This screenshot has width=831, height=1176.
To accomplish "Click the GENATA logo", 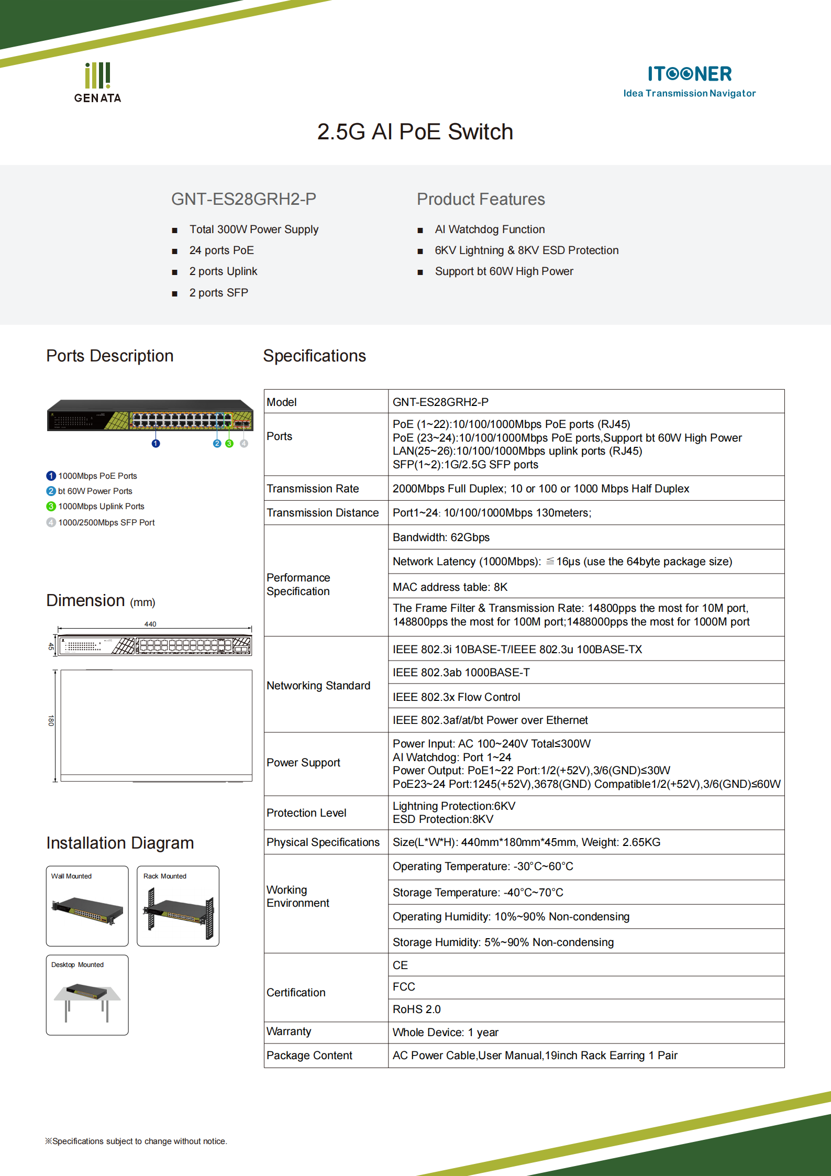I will [x=97, y=83].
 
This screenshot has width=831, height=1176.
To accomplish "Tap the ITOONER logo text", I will [x=689, y=74].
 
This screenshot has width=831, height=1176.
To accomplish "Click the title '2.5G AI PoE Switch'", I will [x=415, y=132].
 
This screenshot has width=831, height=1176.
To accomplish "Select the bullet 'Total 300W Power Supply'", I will [x=253, y=229].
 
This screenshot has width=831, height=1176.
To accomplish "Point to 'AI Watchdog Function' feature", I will [x=489, y=229].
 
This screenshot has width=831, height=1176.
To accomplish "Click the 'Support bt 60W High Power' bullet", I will [x=503, y=271].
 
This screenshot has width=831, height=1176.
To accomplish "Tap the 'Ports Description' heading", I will [x=109, y=356].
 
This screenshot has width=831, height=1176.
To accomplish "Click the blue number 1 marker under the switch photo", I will [x=156, y=444].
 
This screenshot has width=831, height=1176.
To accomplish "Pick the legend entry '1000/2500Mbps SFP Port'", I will [x=106, y=522].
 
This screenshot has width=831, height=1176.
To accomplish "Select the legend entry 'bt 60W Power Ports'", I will [x=95, y=491].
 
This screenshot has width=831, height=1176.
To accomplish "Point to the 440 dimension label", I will [x=150, y=624].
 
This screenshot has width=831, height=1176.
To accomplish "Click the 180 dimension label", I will [x=51, y=720].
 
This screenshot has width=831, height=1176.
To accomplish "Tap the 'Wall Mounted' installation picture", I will [x=87, y=906].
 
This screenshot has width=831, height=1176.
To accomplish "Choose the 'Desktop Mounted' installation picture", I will [x=87, y=995].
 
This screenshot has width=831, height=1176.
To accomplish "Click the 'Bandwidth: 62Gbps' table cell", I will [x=441, y=537].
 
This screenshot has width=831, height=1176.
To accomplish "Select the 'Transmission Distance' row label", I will [x=323, y=513].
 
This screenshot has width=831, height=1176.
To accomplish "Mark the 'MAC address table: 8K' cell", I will [x=450, y=587].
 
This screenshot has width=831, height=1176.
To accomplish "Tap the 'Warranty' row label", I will [x=289, y=1031].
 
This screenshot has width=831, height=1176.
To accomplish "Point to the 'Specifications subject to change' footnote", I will [x=136, y=1141].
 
